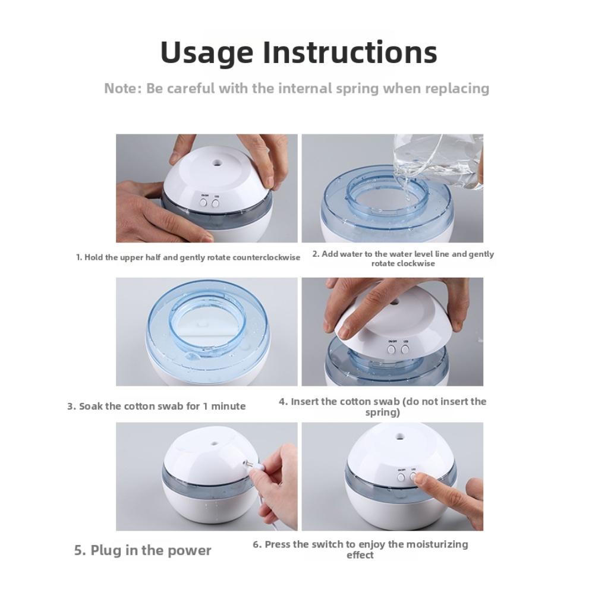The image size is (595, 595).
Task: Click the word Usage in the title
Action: click(208, 52)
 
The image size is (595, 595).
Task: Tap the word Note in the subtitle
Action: click(122, 89)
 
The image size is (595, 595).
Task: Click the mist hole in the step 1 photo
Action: click(215, 160)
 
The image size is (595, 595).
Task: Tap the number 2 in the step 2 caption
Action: click(316, 254)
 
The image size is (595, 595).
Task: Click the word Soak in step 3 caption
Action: click(92, 407)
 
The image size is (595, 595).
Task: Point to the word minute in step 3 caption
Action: click(229, 407)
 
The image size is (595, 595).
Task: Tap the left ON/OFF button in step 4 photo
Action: click(392, 350)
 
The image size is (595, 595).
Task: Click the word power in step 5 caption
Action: click(190, 550)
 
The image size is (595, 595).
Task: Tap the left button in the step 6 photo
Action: click(401, 476)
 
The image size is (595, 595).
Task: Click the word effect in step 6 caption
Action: click(360, 555)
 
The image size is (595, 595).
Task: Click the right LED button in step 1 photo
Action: click(215, 203)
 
